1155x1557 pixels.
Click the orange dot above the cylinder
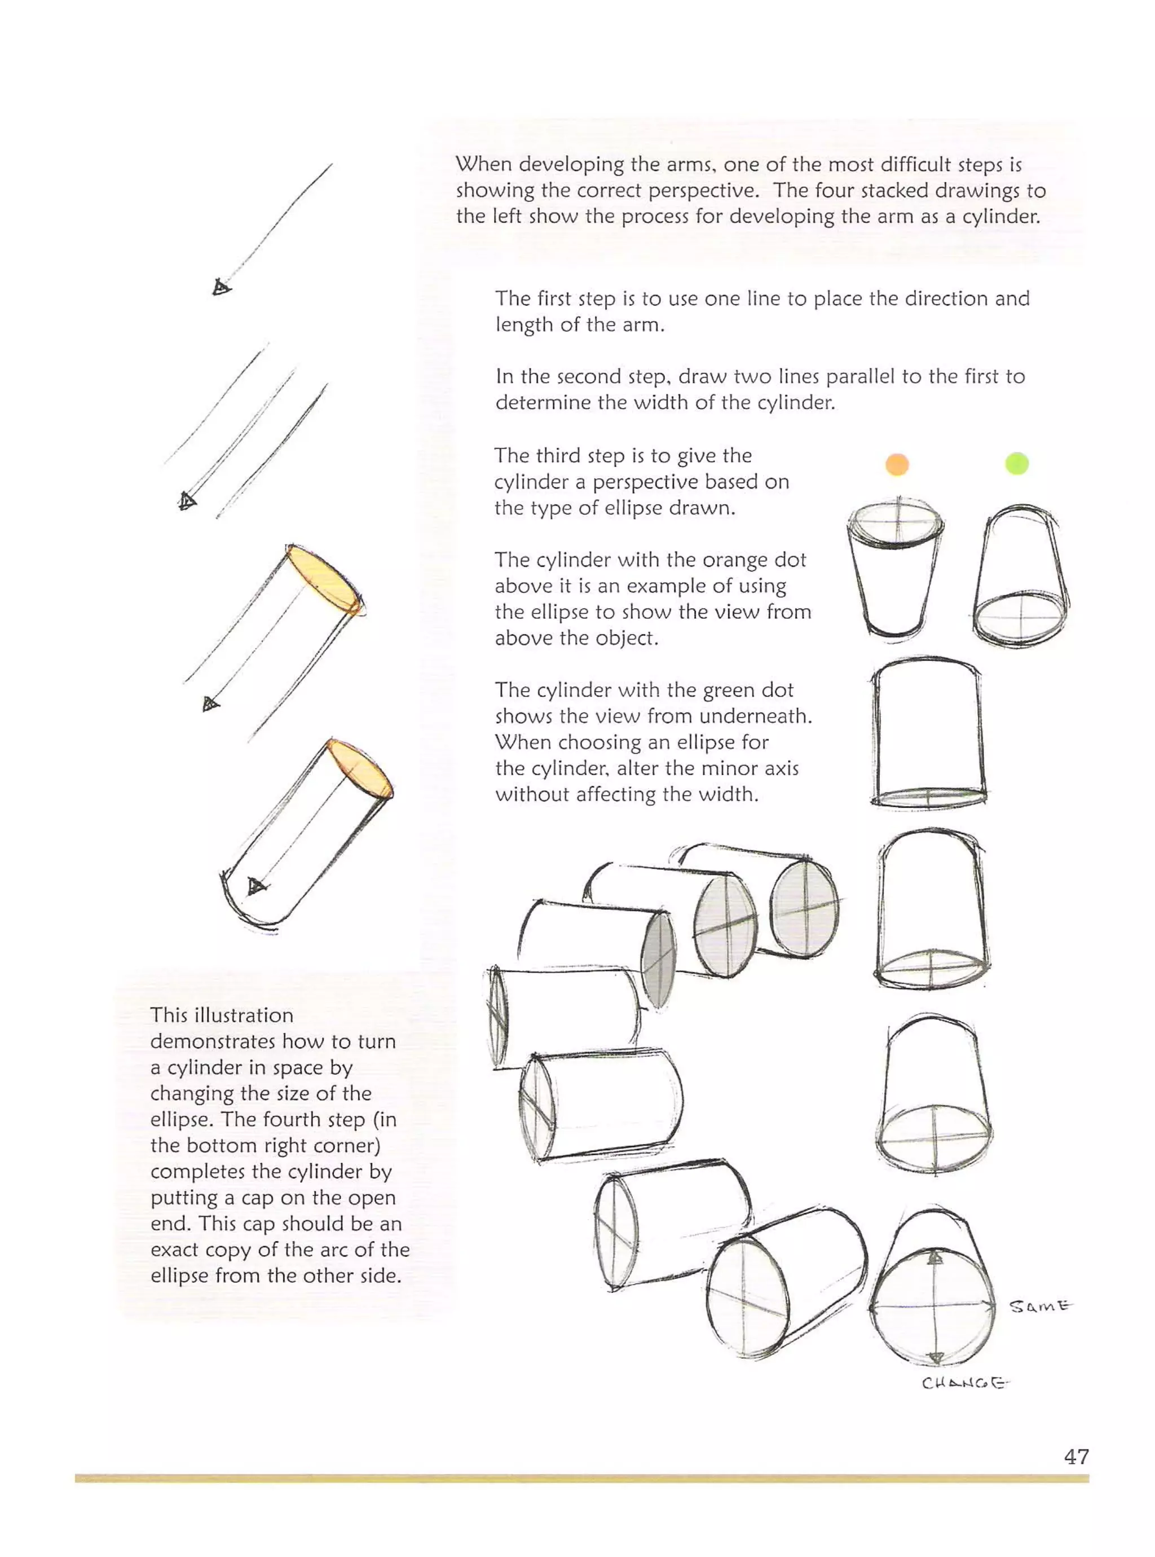(x=897, y=464)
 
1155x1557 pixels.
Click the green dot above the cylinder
(x=1017, y=464)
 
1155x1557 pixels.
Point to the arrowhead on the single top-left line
(x=221, y=287)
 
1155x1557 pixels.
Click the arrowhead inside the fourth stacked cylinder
(x=257, y=886)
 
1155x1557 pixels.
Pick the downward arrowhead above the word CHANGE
(x=934, y=1358)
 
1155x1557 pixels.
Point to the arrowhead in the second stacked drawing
(x=187, y=500)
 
